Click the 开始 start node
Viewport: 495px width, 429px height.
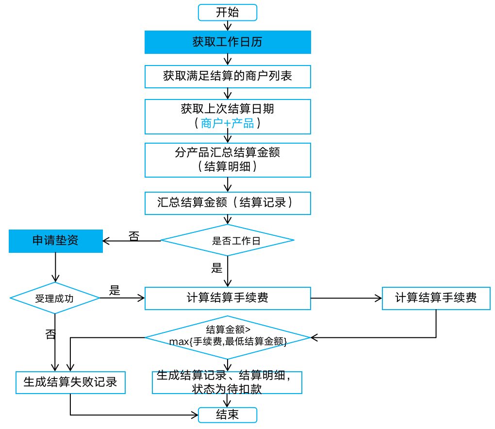(227, 13)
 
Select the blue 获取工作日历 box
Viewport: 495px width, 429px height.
(228, 42)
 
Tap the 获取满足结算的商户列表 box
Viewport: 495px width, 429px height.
(228, 77)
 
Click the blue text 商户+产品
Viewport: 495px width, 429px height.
(227, 123)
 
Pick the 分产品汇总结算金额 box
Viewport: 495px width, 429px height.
(228, 160)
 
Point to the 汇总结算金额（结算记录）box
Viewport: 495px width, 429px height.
(228, 203)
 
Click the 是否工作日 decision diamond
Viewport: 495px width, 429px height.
(227, 240)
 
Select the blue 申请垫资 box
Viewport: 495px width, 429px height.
(56, 241)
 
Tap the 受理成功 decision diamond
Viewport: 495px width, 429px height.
(55, 298)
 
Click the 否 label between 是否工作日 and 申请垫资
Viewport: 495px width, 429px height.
(133, 236)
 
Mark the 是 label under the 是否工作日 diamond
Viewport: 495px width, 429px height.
(216, 268)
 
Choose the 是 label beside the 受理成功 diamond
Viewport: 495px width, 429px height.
(115, 291)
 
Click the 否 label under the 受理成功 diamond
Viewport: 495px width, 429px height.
(50, 334)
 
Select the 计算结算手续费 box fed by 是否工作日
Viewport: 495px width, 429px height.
(228, 298)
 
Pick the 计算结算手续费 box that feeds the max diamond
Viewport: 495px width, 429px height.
(436, 298)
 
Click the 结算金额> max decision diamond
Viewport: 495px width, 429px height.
(228, 337)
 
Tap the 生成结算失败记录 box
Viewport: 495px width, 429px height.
(70, 382)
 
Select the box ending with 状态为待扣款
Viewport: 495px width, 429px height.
(227, 382)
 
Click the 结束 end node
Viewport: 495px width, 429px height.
(227, 415)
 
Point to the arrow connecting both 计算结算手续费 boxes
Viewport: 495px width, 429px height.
(346, 298)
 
